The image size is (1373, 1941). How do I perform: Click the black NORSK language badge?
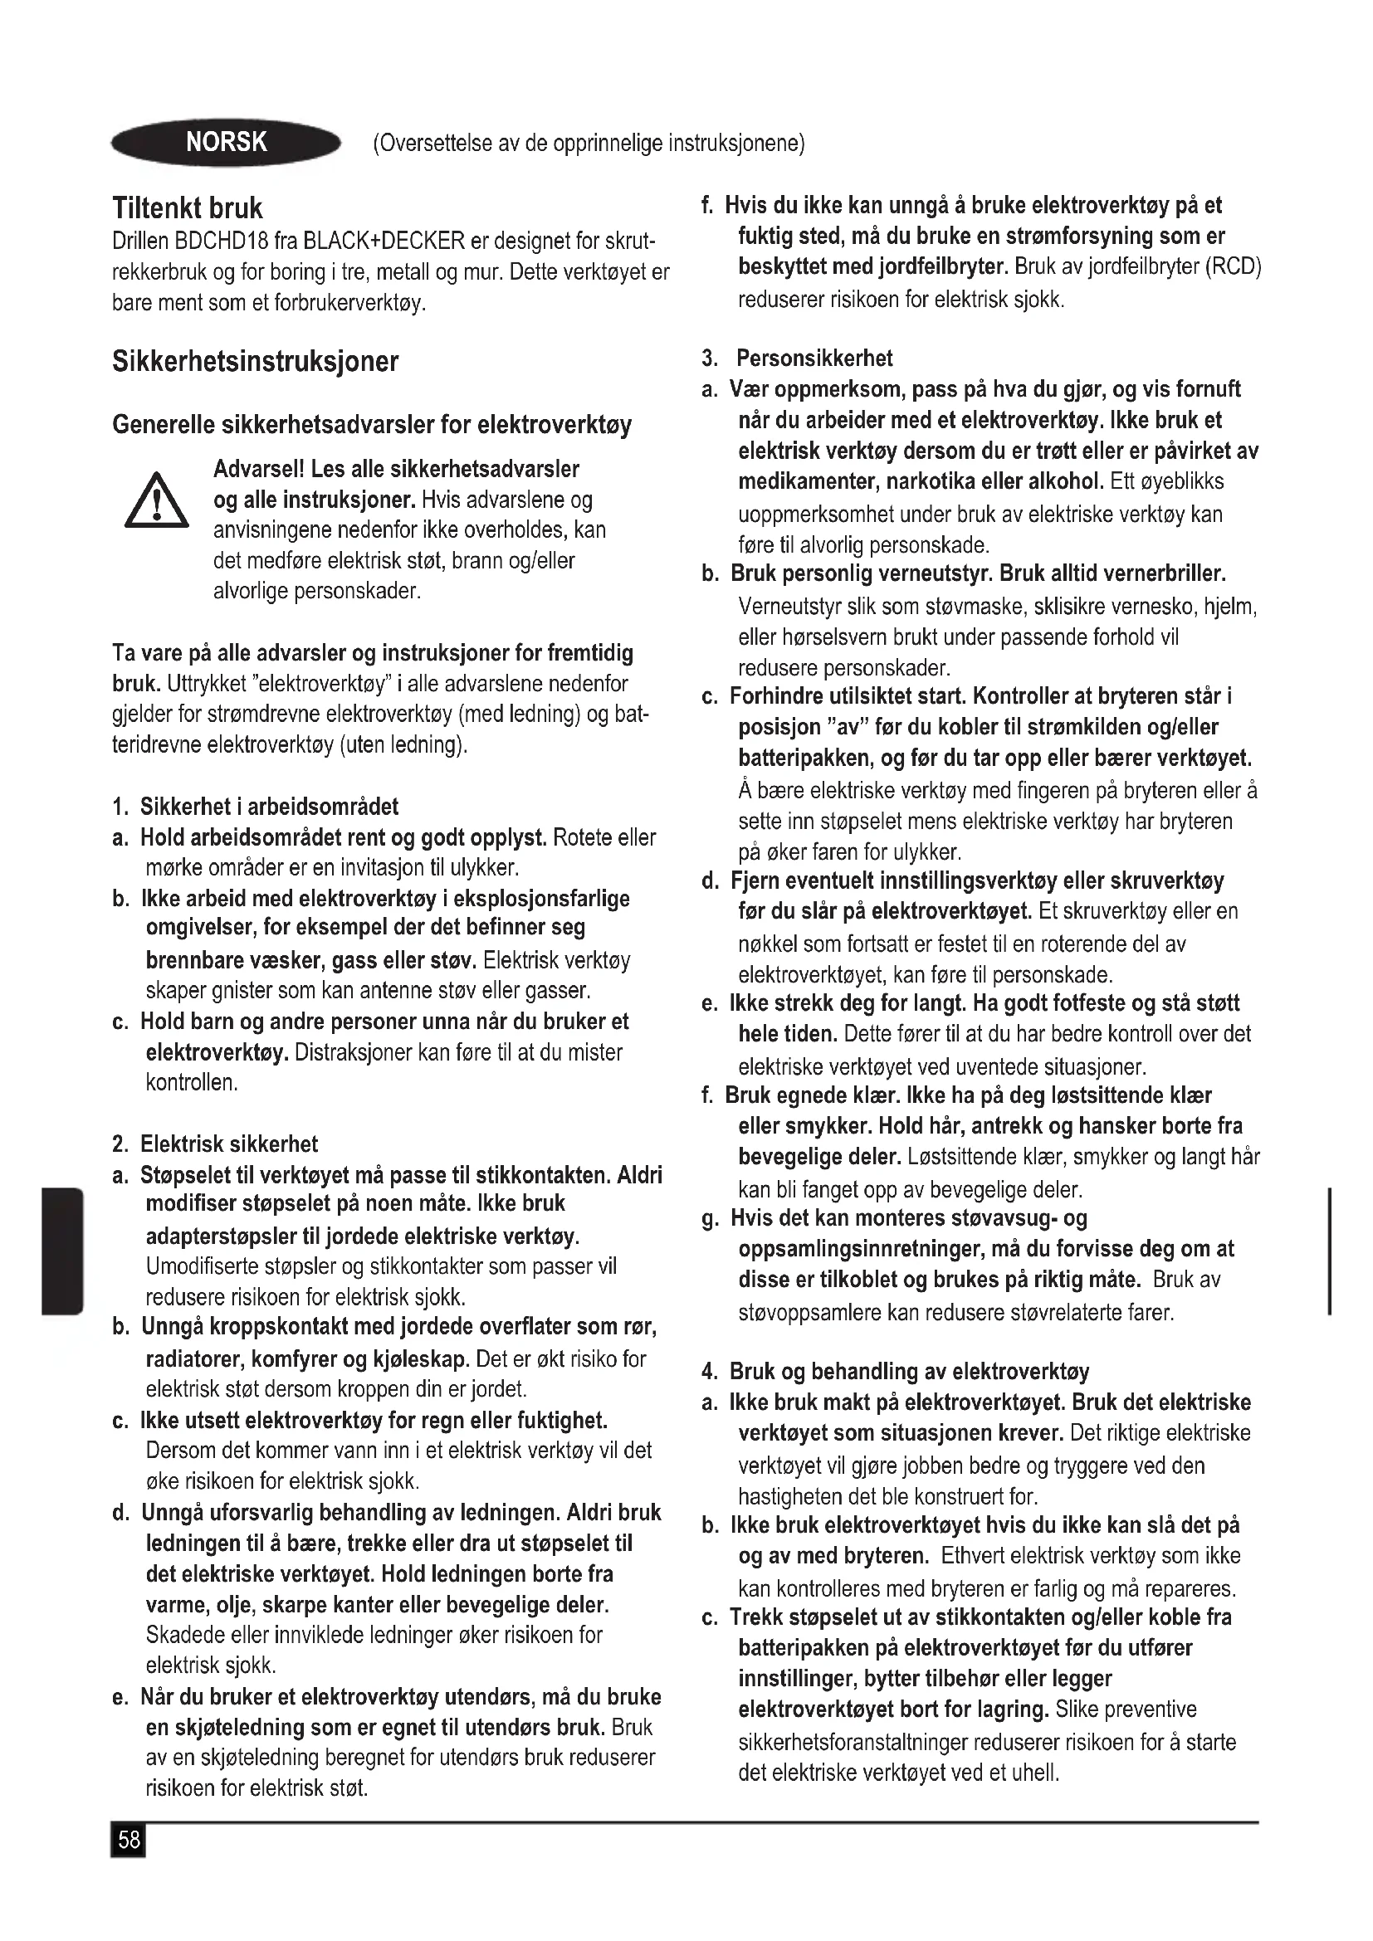[x=226, y=142]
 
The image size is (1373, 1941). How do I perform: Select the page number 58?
[x=129, y=1840]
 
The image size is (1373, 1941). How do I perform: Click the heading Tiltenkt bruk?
[x=187, y=208]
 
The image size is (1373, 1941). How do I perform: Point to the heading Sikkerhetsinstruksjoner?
[x=255, y=361]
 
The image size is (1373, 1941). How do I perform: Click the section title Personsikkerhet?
[x=814, y=358]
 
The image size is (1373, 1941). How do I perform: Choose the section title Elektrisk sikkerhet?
[x=228, y=1144]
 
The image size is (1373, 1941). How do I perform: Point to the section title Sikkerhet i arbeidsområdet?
[x=269, y=807]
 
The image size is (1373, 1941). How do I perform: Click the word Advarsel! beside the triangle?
[x=259, y=468]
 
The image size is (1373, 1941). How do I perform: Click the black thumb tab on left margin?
[x=61, y=1251]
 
